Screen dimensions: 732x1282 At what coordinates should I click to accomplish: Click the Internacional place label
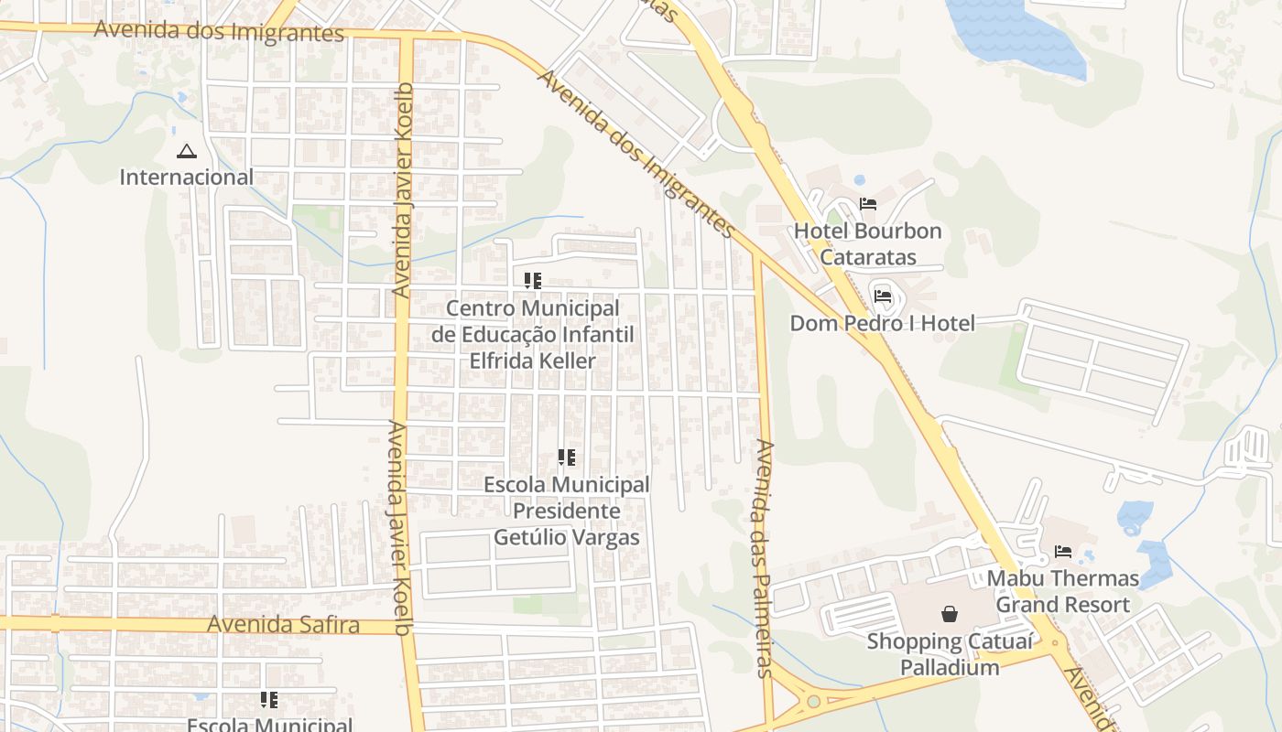[187, 177]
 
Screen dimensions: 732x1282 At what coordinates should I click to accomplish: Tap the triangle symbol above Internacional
[187, 151]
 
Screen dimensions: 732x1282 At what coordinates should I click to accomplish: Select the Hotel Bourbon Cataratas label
[867, 243]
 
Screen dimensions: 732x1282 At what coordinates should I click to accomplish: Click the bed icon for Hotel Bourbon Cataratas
[868, 204]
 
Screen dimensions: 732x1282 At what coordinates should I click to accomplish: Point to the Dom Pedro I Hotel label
[882, 323]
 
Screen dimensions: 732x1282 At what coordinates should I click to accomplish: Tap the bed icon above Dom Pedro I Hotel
[883, 296]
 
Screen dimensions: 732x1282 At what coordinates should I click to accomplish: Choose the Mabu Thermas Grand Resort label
[1062, 591]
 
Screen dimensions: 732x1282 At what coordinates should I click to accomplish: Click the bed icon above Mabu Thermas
[1063, 552]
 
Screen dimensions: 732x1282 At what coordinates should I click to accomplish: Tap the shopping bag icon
[950, 614]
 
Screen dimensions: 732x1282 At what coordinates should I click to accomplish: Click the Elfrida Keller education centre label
[532, 334]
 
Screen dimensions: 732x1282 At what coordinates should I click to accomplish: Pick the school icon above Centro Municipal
[533, 280]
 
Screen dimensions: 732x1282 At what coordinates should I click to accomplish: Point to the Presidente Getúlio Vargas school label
[566, 511]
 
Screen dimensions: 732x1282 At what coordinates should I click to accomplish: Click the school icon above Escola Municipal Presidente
[567, 457]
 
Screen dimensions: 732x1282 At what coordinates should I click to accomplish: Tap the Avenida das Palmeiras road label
[766, 558]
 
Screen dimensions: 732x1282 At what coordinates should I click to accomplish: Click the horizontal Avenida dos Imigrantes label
[219, 31]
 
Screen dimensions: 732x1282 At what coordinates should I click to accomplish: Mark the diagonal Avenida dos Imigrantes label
[636, 154]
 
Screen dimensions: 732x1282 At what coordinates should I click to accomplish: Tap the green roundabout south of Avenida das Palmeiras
[813, 702]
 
